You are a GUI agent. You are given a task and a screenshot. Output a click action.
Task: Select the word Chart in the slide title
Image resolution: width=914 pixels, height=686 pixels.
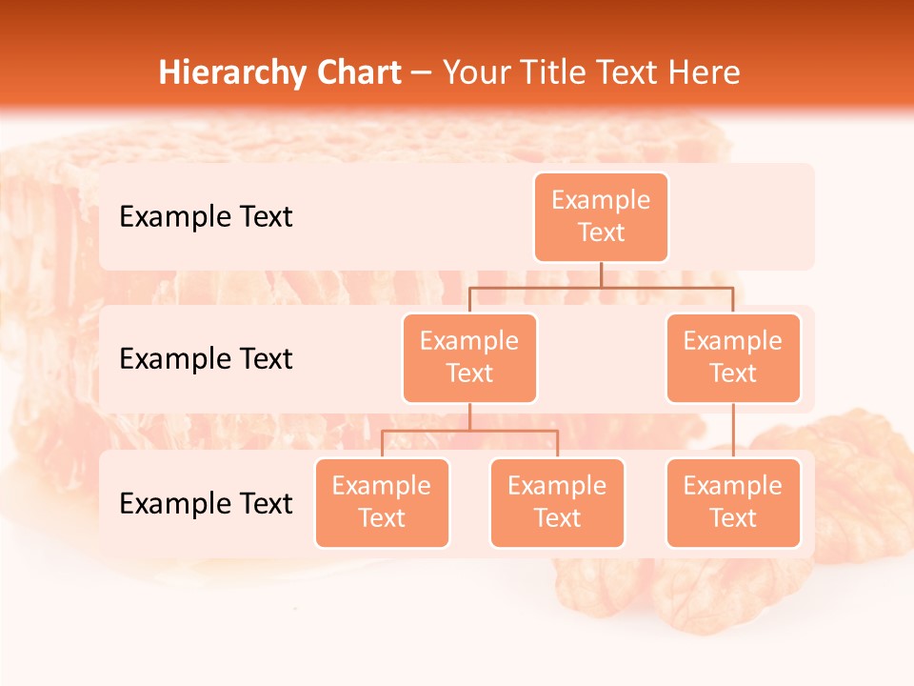click(354, 73)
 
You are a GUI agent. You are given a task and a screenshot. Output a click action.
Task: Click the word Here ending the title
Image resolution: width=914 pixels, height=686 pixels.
click(705, 73)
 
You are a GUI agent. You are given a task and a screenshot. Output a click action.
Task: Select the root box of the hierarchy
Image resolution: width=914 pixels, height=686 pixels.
click(601, 217)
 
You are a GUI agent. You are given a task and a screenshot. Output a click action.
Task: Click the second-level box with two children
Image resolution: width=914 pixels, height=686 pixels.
click(469, 358)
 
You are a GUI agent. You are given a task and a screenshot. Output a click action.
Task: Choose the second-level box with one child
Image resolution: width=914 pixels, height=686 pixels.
click(733, 358)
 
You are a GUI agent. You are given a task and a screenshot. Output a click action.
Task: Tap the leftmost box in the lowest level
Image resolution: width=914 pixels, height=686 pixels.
click(382, 503)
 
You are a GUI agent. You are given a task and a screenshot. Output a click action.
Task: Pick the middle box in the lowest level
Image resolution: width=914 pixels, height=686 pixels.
click(557, 503)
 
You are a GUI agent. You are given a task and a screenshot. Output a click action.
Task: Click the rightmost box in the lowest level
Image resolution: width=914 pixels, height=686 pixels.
click(733, 503)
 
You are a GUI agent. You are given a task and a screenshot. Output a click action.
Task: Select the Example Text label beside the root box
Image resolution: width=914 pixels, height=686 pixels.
click(206, 217)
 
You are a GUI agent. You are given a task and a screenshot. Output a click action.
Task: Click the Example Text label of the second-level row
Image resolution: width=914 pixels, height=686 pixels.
click(206, 359)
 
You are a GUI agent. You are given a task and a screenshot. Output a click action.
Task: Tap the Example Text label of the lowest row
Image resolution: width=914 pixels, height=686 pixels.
click(206, 503)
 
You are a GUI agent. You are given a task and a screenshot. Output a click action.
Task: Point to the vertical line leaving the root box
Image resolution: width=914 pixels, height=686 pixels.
click(601, 274)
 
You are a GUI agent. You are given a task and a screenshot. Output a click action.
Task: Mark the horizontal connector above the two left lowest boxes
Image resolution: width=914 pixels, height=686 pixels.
click(469, 431)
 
